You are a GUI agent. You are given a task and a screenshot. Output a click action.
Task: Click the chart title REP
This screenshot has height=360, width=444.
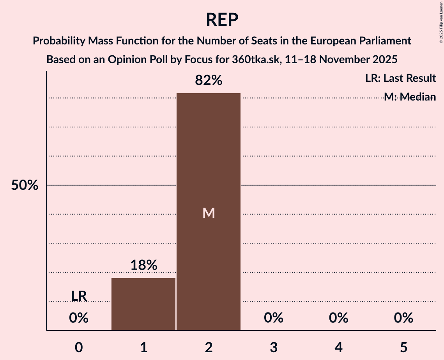point(222,20)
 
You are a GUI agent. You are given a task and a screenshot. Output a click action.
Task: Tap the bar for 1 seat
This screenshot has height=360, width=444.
point(143,304)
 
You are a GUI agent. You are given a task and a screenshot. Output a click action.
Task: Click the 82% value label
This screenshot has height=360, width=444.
point(209,81)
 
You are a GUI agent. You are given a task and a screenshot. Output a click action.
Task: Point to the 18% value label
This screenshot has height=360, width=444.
point(143,265)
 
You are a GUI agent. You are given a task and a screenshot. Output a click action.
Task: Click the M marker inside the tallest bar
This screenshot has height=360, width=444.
point(209,213)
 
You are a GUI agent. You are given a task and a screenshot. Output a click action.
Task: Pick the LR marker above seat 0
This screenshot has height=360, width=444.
point(79,296)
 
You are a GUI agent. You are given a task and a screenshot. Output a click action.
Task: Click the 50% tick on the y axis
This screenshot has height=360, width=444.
point(25,185)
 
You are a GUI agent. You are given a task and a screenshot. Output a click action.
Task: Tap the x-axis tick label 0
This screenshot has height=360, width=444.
point(79,347)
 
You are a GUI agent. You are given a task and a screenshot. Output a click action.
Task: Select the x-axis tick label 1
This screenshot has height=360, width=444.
point(143,347)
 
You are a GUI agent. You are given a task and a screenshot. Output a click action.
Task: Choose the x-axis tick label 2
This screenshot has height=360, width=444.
point(209,347)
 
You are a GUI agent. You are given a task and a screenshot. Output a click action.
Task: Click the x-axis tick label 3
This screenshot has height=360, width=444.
point(273,347)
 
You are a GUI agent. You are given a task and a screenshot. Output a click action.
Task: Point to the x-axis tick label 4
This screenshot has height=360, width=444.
point(338,347)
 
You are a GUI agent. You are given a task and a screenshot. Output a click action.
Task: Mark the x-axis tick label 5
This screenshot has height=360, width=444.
point(403,347)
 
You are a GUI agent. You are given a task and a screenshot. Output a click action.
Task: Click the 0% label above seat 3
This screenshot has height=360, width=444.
point(273,318)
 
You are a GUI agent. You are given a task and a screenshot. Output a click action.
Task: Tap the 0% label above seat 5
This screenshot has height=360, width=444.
point(403,318)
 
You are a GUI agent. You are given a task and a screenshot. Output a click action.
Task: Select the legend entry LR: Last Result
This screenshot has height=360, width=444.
point(400,78)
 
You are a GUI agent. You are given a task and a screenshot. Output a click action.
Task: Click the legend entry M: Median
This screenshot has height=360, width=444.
point(410,97)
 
